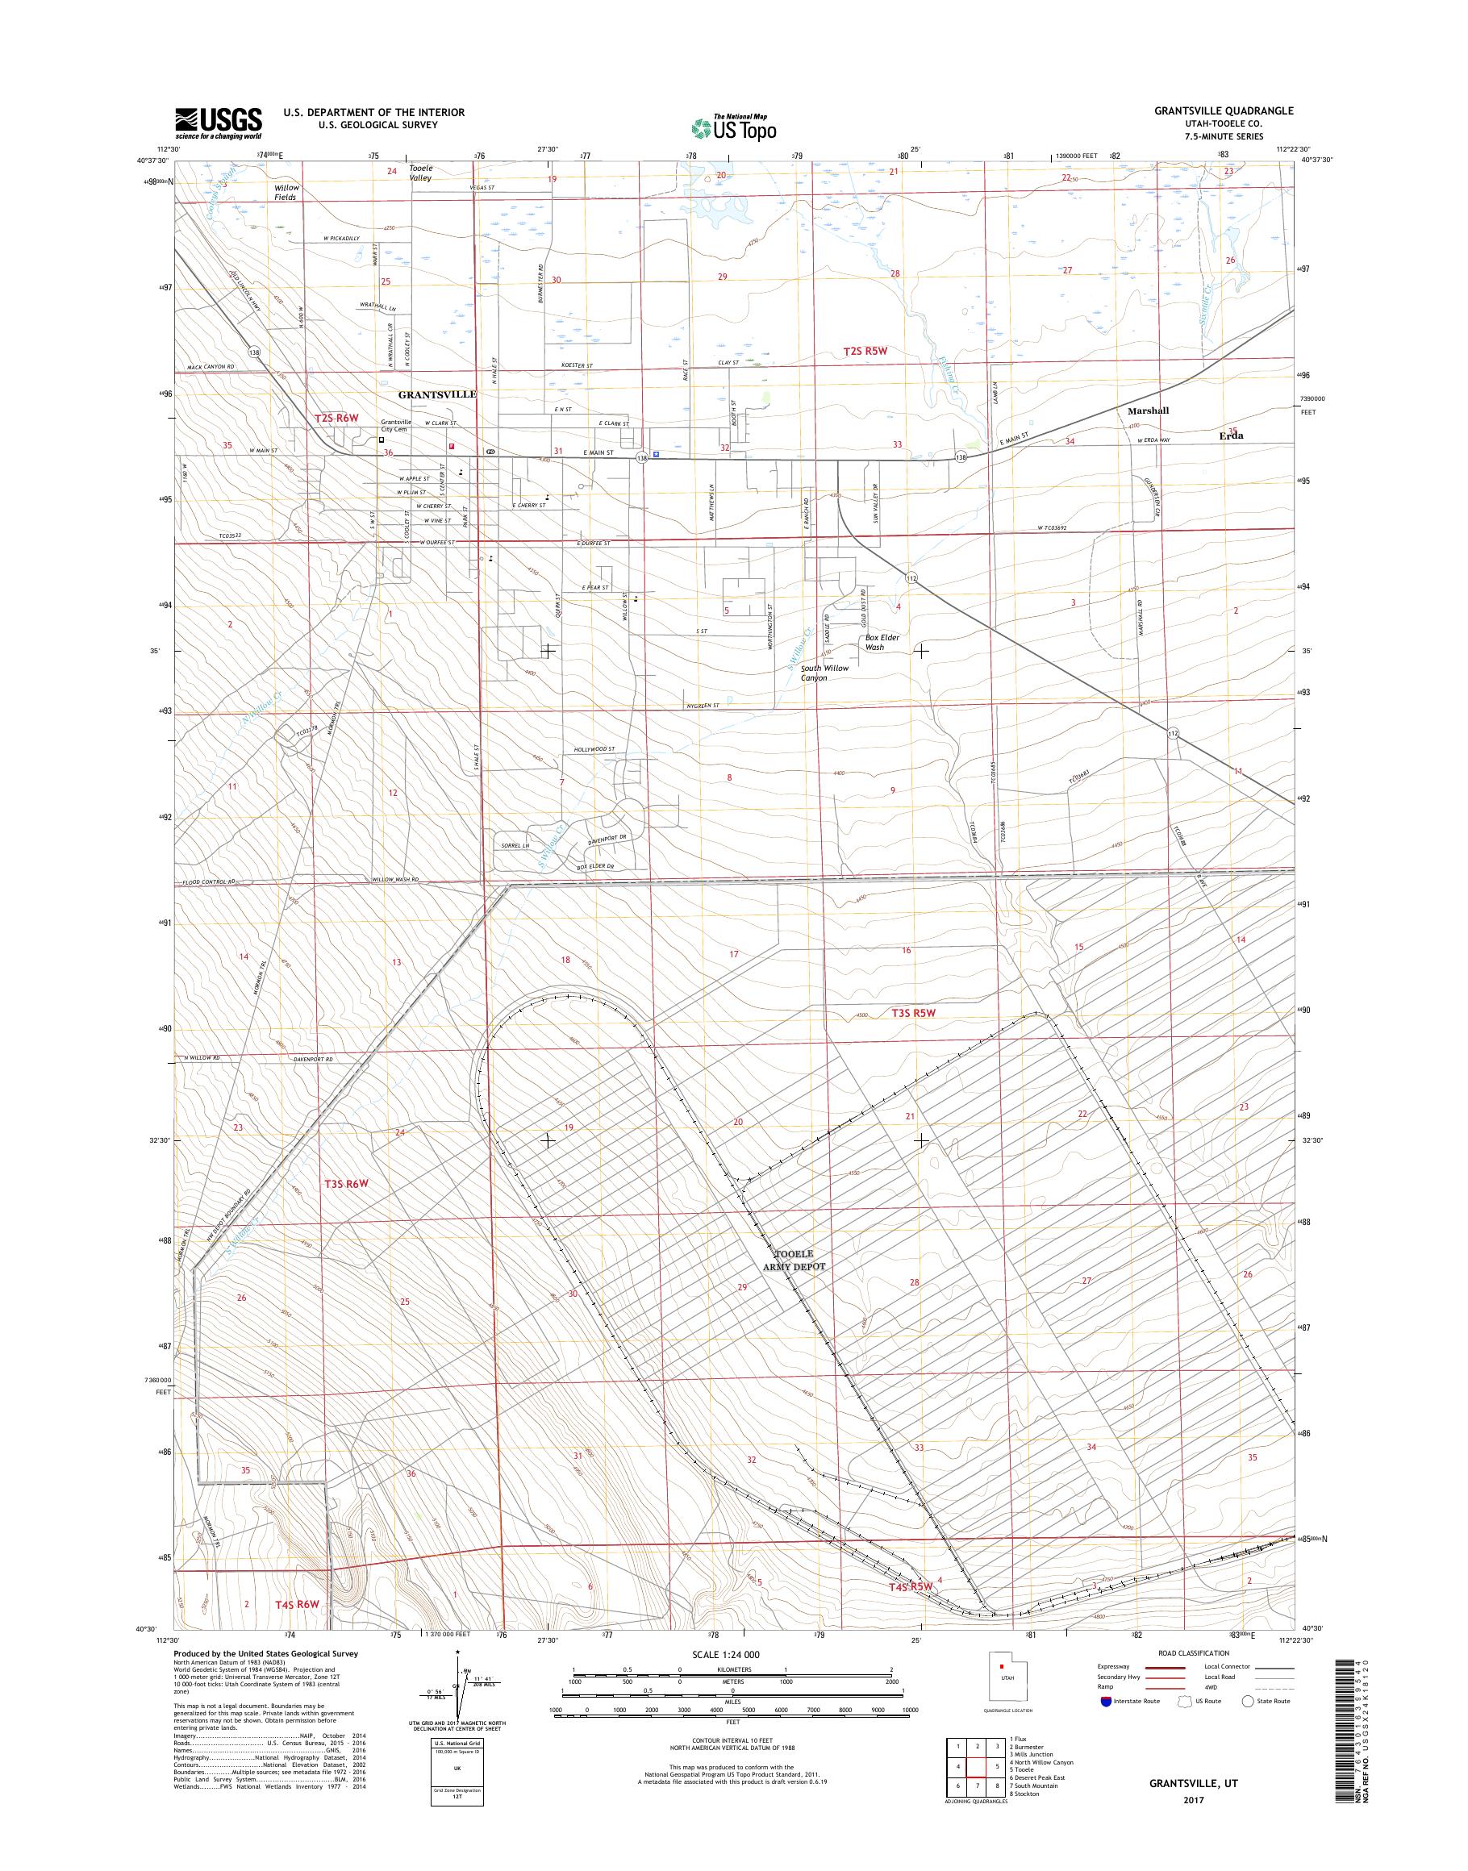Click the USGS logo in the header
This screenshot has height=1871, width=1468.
click(219, 123)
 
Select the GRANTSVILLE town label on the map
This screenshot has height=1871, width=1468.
click(436, 394)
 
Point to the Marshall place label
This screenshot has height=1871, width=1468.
click(1148, 410)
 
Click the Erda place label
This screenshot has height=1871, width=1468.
click(1231, 435)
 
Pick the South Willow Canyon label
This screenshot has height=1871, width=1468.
click(824, 673)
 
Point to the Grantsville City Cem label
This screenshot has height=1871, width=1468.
click(396, 426)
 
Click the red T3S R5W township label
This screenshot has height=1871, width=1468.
click(912, 1013)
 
